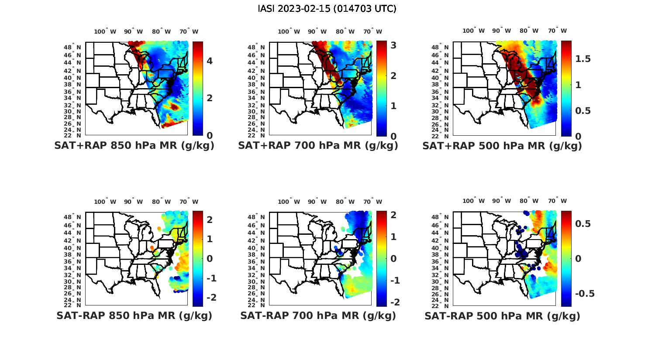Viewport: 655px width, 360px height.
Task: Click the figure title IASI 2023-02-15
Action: (327, 9)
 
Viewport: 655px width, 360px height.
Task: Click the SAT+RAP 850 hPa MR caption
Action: (134, 146)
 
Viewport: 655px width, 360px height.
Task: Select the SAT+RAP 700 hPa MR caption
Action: (318, 146)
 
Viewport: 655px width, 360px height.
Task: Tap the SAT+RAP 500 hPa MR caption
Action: (502, 146)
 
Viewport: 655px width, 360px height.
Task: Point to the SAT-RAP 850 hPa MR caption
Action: (134, 315)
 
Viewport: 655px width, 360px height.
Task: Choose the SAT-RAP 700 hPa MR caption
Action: (318, 315)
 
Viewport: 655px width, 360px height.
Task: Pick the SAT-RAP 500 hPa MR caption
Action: (502, 315)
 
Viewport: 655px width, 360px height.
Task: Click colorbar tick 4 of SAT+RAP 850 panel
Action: (210, 61)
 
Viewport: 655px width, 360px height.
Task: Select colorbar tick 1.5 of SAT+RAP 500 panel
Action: (583, 59)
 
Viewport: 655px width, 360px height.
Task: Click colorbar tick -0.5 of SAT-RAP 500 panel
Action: (585, 294)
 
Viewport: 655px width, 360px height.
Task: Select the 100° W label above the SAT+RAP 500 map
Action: (473, 31)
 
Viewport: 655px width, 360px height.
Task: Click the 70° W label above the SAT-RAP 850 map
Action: (189, 202)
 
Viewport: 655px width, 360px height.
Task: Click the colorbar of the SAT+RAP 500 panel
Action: (566, 88)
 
